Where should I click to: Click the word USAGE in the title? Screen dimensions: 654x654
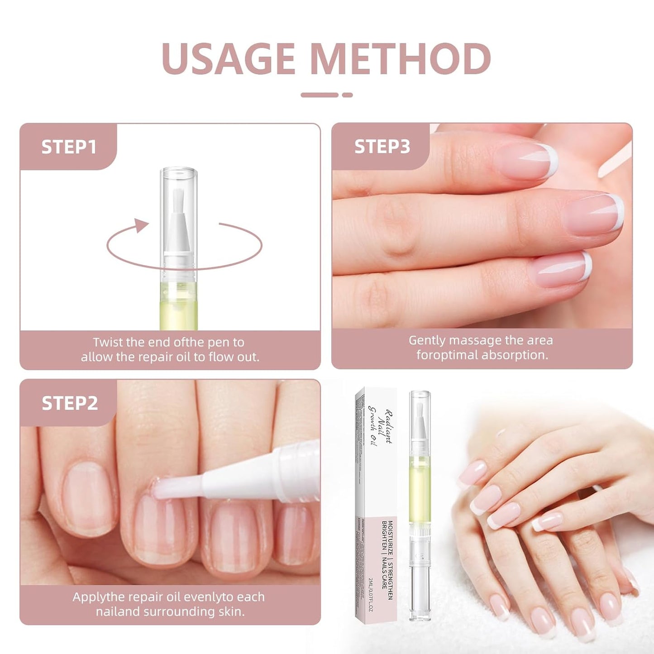(x=229, y=59)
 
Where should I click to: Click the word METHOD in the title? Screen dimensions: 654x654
(x=401, y=59)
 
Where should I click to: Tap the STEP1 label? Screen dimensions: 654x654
(x=69, y=147)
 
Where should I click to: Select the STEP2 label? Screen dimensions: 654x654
(x=70, y=403)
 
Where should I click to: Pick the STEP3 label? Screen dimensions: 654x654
(x=382, y=147)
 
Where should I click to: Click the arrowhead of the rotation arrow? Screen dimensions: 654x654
(x=142, y=225)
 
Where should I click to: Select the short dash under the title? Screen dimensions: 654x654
(x=347, y=95)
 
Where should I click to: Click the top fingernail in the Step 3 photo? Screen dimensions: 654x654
(x=530, y=161)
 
